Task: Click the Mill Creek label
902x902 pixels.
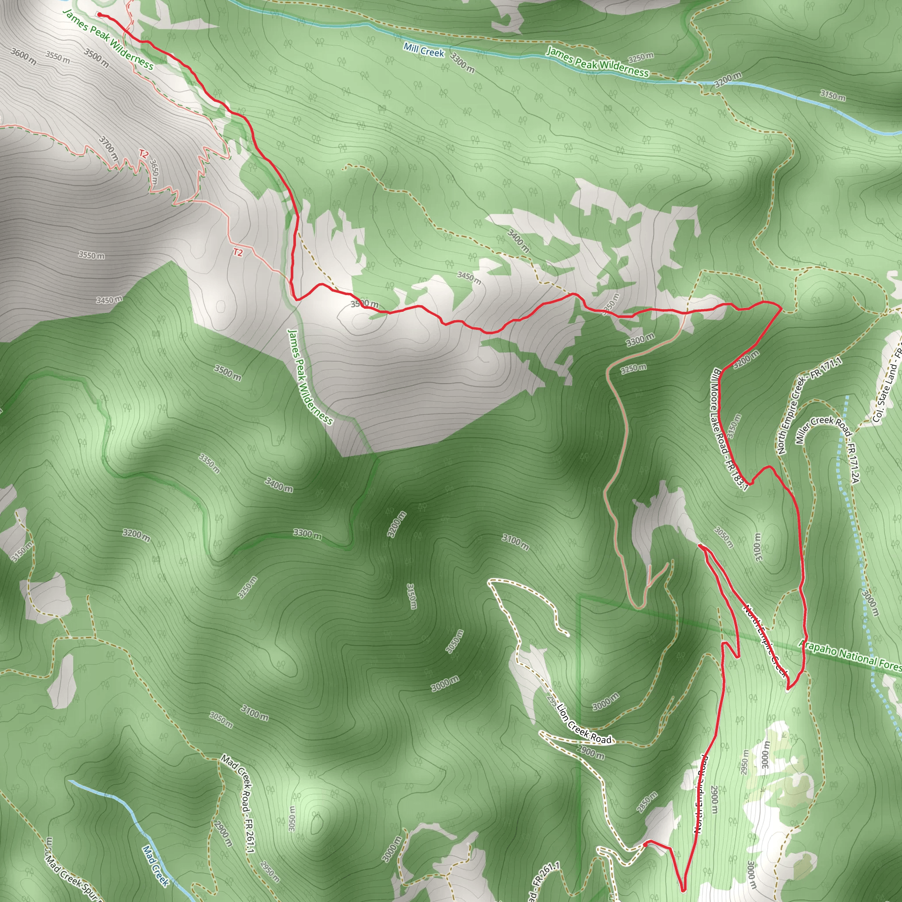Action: point(424,50)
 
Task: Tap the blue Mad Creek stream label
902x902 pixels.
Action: point(155,865)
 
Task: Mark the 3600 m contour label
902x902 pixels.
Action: point(23,56)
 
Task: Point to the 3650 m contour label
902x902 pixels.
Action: point(155,172)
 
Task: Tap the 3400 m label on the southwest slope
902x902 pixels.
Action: point(279,484)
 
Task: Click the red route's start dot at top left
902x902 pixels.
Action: point(100,15)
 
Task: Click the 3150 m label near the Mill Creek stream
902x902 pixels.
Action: point(833,95)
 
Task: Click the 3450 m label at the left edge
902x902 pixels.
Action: point(110,299)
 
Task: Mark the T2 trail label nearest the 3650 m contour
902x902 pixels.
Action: point(143,154)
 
